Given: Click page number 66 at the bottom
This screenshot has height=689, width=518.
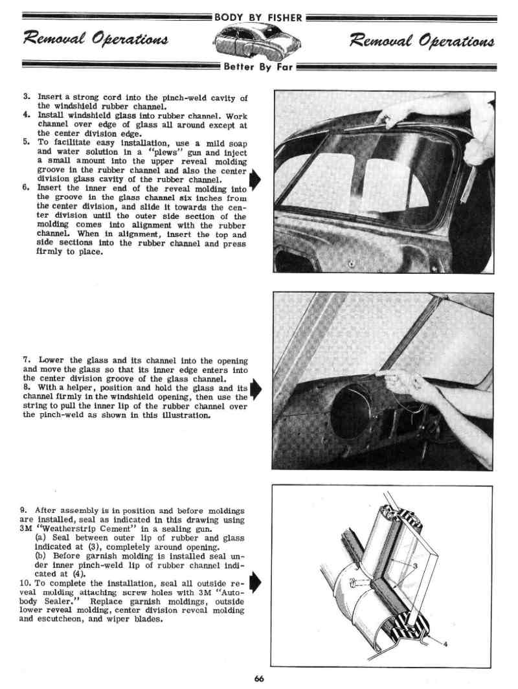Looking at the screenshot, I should (259, 678).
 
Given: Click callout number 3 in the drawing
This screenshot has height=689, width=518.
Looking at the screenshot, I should (415, 565).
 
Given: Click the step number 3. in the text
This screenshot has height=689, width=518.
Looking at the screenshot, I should (27, 97).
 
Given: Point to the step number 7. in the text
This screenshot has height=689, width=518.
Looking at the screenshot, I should (27, 359).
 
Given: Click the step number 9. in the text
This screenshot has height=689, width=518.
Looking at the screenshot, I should (25, 510).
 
